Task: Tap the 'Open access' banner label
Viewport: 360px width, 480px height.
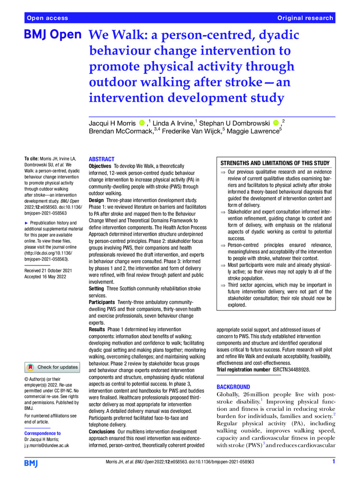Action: click(x=48, y=18)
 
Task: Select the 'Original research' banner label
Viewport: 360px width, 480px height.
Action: click(x=305, y=18)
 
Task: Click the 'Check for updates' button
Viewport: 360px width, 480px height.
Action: click(x=52, y=367)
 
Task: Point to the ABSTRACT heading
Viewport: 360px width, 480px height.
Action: click(x=102, y=159)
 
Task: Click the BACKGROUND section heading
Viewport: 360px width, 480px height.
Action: click(x=233, y=387)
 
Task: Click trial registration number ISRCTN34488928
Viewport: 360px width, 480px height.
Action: click(x=287, y=370)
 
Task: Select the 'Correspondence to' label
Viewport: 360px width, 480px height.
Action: click(x=43, y=433)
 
